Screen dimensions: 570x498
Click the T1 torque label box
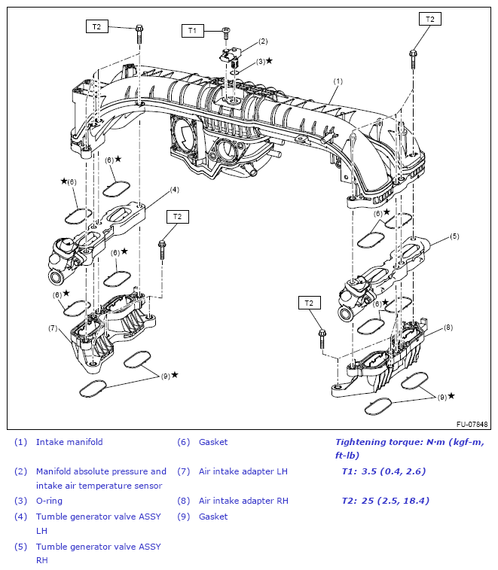coord(192,30)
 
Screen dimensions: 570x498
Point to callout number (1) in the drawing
coord(338,81)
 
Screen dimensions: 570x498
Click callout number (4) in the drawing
coord(173,189)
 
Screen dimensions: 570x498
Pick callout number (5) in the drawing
coord(454,236)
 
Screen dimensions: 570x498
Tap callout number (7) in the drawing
coord(53,328)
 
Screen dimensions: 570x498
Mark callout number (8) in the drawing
coord(448,327)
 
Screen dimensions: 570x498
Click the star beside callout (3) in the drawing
coord(269,60)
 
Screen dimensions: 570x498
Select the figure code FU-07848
coord(472,425)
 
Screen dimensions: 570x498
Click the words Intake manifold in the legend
coord(69,442)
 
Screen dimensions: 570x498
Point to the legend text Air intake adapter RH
coord(243,501)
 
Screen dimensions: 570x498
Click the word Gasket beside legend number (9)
coord(213,517)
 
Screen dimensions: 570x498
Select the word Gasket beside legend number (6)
coord(213,442)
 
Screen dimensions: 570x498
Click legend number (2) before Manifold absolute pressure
coord(20,471)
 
